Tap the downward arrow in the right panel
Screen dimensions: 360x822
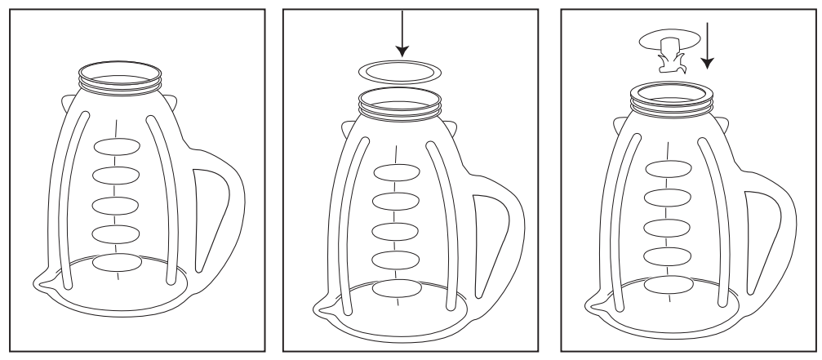point(708,46)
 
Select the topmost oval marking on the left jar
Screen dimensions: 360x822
point(118,147)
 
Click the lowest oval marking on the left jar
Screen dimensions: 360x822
point(117,262)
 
